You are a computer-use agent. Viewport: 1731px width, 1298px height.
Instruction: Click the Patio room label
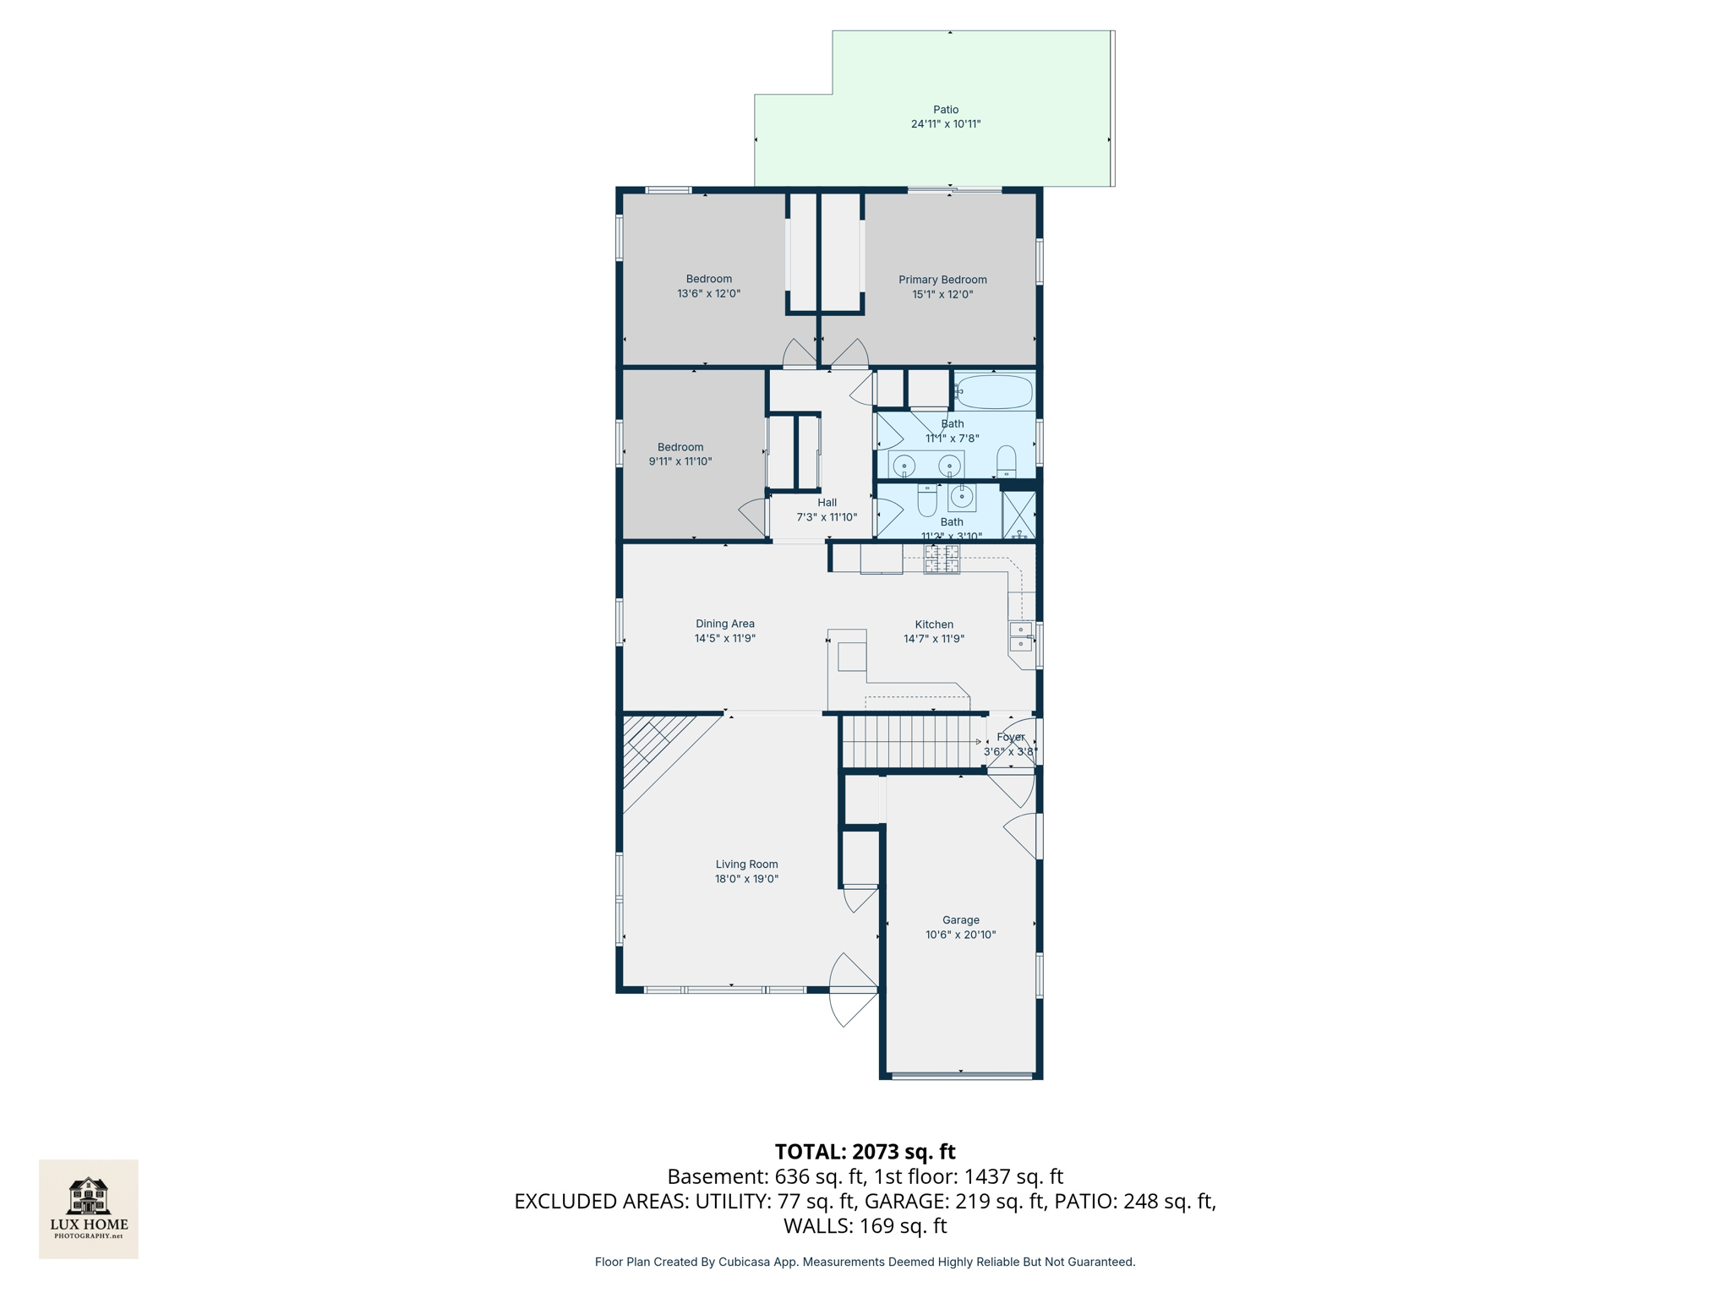(946, 110)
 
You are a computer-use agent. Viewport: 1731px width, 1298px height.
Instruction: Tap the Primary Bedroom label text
(942, 280)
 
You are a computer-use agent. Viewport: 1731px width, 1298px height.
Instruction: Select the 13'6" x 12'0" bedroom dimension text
(708, 294)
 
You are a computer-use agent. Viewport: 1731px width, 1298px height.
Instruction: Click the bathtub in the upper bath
(995, 392)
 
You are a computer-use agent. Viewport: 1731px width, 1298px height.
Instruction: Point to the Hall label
(827, 503)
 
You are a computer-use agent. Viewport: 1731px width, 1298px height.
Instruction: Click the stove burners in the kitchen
(942, 559)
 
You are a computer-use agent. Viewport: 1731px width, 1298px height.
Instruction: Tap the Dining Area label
(725, 624)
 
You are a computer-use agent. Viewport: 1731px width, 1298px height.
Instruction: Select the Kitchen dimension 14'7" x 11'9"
(934, 639)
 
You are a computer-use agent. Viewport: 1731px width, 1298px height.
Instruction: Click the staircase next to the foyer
(913, 742)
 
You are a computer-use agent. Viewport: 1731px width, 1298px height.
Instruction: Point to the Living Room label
(746, 864)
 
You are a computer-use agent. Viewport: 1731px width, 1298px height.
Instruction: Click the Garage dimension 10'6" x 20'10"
(960, 935)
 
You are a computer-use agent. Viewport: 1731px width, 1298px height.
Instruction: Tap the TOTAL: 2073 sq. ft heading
(865, 1152)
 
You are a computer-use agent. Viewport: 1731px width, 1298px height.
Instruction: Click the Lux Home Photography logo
(89, 1208)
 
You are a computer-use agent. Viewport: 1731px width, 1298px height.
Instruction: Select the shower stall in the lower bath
(1018, 515)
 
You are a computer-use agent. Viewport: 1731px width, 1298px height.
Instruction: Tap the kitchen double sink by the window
(1021, 636)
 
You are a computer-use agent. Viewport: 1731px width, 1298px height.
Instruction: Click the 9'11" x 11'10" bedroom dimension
(680, 461)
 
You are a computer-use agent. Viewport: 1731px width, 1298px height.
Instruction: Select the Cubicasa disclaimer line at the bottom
(865, 1262)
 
